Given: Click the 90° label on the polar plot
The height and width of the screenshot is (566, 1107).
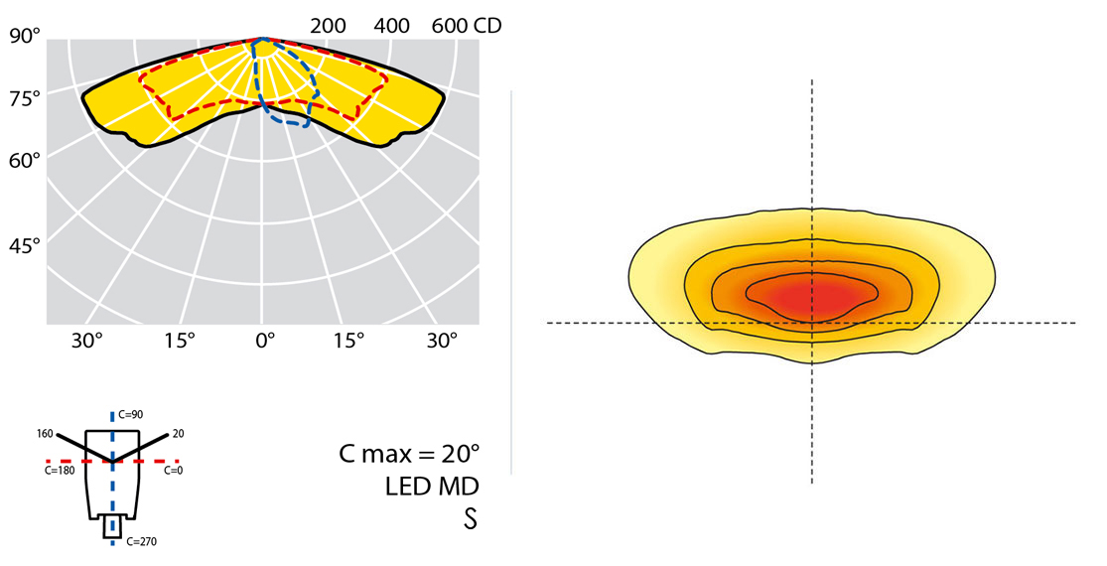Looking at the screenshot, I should (24, 37).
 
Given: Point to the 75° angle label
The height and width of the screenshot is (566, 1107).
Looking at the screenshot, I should (24, 97).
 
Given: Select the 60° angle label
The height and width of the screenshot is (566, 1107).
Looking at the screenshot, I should (24, 159).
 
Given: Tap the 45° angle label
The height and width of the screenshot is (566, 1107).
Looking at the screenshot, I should (24, 244).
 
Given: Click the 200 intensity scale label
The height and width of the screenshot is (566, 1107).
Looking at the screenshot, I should (328, 26).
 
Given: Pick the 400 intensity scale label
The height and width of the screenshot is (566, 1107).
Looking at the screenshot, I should (392, 26).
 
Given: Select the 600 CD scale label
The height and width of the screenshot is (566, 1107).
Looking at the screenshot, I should (467, 26).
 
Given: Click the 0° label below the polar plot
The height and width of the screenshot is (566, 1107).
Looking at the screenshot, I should (265, 341).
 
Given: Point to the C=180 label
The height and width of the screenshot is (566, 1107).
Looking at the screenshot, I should (59, 471).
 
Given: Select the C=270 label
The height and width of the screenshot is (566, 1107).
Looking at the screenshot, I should (141, 541).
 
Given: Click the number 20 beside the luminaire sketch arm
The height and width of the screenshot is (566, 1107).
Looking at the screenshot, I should (178, 433).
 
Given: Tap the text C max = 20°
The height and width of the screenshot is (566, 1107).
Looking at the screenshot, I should (408, 455).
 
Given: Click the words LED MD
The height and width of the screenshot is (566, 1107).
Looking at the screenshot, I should (432, 487).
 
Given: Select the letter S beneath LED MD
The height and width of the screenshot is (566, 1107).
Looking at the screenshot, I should (470, 518).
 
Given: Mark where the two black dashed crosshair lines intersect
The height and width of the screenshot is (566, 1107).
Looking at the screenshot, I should (812, 323).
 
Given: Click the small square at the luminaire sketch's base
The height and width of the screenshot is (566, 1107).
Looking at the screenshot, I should (113, 528).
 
